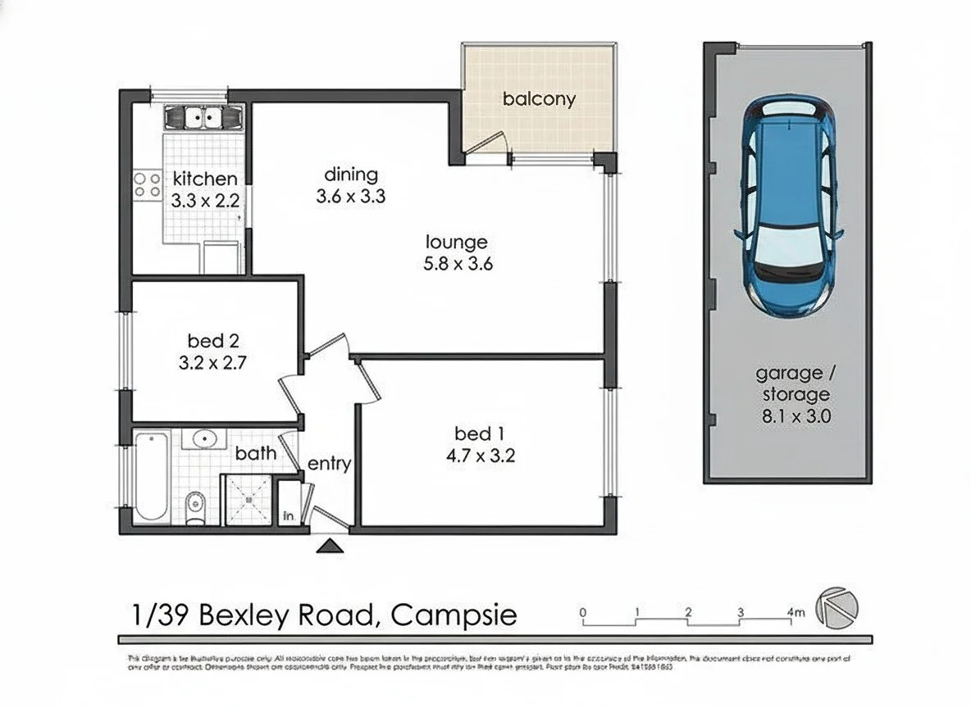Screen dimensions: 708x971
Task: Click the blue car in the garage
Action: [789, 206]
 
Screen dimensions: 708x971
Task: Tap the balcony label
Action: [539, 100]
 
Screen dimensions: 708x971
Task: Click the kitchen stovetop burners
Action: [148, 184]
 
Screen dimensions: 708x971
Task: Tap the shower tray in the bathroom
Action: [247, 499]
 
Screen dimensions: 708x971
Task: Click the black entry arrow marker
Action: [331, 546]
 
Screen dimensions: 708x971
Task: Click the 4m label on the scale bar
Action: [794, 612]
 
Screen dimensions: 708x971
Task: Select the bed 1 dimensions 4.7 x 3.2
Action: [485, 456]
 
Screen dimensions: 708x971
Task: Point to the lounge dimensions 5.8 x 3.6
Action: [457, 264]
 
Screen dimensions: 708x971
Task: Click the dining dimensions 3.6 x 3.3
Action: [351, 197]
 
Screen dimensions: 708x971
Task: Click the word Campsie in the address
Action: [454, 615]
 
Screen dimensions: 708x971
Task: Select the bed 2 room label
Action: [212, 340]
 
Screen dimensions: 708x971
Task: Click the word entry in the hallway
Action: [329, 465]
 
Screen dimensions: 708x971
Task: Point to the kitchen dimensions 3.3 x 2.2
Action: [204, 199]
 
